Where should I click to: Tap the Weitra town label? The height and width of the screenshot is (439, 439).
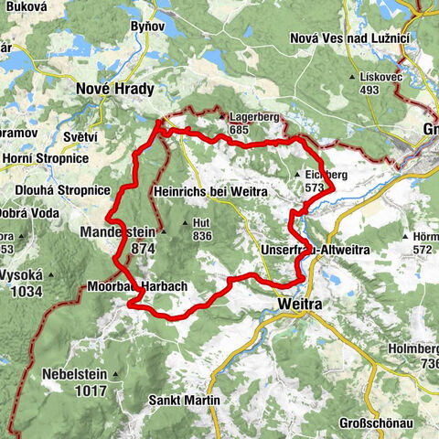299,302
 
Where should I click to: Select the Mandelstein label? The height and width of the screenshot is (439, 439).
118,232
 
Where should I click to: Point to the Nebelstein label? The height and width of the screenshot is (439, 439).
74,374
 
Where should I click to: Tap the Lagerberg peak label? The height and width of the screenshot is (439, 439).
253,117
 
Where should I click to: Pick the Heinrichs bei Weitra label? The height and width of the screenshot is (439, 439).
210,192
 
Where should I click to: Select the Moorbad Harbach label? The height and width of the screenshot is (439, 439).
137,286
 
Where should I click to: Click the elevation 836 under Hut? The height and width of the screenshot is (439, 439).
201,237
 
